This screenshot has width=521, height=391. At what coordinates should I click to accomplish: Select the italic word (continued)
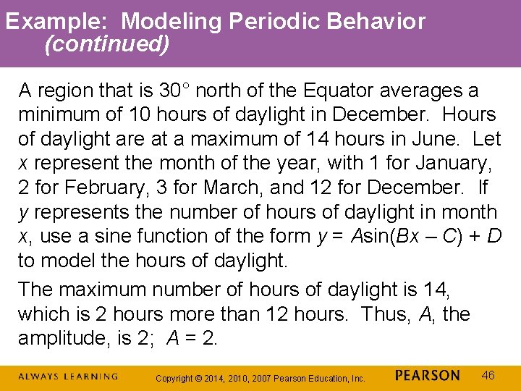107,45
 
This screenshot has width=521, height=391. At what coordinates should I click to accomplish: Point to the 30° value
174,91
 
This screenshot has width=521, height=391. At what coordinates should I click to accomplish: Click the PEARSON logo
428,376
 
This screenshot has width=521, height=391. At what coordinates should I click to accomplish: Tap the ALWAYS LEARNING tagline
68,377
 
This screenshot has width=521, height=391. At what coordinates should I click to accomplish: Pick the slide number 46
488,375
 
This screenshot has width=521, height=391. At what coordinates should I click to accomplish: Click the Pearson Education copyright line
261,378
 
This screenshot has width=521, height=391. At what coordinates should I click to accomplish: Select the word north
220,91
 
